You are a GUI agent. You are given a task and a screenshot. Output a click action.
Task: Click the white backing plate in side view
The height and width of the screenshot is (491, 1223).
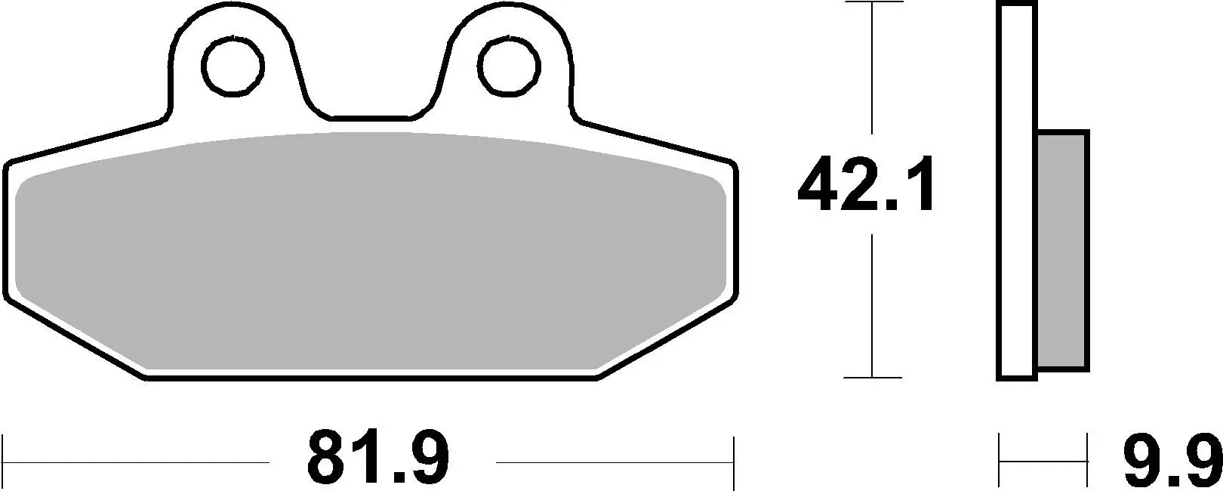1017,189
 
